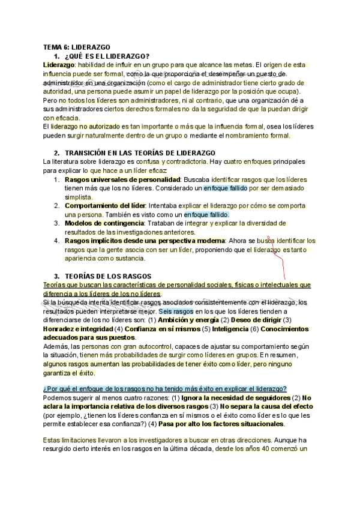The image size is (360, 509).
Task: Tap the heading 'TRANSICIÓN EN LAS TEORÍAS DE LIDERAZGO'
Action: pyautogui.click(x=140, y=154)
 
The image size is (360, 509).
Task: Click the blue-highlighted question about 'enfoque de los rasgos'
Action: pyautogui.click(x=164, y=388)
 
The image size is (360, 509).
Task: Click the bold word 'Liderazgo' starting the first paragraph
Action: pyautogui.click(x=59, y=65)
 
